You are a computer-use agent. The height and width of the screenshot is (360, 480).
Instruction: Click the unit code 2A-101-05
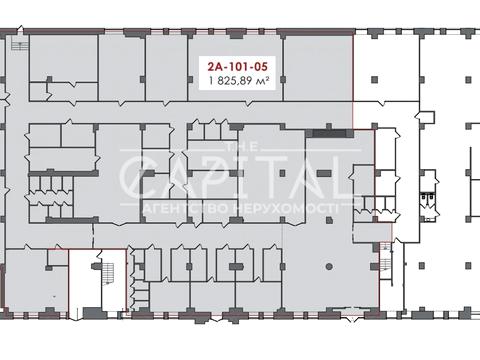tap(237, 67)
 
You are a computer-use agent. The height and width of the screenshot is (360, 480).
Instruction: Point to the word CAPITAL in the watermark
tap(236, 177)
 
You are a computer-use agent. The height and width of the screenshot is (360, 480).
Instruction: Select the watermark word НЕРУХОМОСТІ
tap(284, 209)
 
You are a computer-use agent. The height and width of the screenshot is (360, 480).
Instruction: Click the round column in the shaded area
tap(329, 266)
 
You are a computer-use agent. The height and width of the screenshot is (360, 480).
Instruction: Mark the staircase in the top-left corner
tap(19, 44)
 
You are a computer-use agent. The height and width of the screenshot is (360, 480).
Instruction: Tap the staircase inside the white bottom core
tap(108, 273)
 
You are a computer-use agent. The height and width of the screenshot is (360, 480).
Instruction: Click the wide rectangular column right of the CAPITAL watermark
tap(324, 173)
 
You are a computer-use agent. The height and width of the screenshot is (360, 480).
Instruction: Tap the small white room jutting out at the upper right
tap(426, 117)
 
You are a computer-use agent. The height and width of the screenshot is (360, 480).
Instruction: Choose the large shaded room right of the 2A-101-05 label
tap(318, 68)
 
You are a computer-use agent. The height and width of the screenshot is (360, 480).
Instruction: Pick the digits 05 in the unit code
tap(261, 67)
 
